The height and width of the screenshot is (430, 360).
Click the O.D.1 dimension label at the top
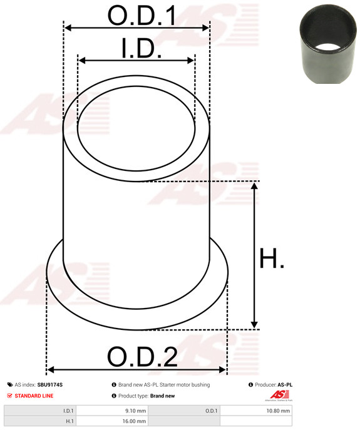tap(141, 16)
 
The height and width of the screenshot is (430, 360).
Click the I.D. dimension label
tap(141, 48)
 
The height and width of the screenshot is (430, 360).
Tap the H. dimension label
tap(272, 258)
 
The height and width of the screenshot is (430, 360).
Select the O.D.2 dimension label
tap(142, 357)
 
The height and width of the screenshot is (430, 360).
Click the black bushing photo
tap(328, 44)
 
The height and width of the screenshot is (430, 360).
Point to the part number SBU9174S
tap(50, 385)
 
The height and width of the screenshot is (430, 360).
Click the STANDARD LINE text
tap(34, 396)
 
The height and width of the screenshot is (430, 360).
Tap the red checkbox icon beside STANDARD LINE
tap(9, 396)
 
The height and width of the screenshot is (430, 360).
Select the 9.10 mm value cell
tap(112, 411)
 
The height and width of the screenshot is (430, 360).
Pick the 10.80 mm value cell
tap(256, 411)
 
